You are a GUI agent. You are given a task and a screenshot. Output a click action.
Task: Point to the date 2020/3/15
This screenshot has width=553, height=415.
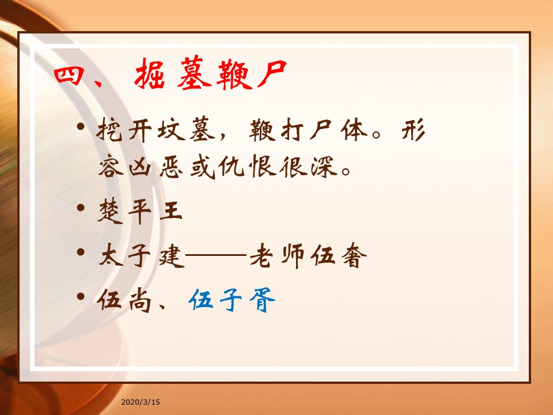(141, 402)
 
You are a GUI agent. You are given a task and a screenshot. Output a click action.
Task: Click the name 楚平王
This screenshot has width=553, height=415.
(140, 211)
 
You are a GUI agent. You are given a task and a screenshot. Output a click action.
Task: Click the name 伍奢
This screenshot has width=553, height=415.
(339, 255)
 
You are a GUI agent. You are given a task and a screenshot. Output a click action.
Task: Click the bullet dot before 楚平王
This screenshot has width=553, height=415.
(81, 207)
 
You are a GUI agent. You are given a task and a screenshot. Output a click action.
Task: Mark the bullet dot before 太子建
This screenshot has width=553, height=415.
(81, 252)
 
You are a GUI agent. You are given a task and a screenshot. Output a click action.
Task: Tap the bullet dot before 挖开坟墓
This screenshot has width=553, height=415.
(81, 126)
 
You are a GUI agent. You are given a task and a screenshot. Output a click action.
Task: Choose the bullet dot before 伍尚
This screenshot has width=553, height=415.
(81, 296)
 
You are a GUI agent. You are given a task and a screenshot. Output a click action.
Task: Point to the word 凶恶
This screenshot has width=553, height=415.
(155, 166)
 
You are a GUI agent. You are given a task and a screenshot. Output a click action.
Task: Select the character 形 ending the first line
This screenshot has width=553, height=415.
(414, 130)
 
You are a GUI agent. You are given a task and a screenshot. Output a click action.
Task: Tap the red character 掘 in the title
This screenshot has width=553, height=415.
(150, 73)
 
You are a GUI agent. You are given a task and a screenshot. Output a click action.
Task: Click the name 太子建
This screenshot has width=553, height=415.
(141, 255)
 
